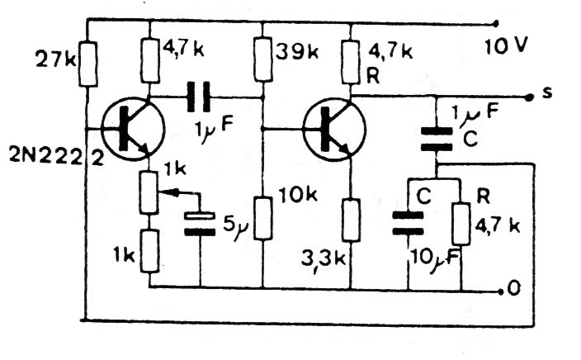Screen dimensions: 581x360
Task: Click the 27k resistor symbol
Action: tap(88, 64)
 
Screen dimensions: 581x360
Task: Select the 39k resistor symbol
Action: tap(263, 60)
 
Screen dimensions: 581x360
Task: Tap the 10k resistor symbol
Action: tap(263, 218)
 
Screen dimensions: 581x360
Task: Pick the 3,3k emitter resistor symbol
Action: tap(351, 220)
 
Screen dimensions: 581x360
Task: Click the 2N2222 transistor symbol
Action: tap(134, 129)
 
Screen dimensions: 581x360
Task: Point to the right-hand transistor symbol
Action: tap(334, 129)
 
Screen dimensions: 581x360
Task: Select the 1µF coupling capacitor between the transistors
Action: tap(198, 97)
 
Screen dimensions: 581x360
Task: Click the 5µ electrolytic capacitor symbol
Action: tap(200, 224)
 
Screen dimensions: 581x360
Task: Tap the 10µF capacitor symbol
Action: tap(408, 223)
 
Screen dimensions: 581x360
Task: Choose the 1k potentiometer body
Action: tap(149, 192)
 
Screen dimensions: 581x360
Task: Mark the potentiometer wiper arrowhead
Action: tap(167, 192)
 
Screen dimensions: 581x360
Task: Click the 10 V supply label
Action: tap(505, 46)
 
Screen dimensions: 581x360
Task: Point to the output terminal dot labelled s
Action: tap(528, 97)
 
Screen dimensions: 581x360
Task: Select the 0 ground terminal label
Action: tap(514, 289)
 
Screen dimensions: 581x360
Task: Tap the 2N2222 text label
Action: tap(56, 158)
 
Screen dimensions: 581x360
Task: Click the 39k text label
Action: tap(297, 53)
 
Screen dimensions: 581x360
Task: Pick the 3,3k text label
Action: tap(324, 259)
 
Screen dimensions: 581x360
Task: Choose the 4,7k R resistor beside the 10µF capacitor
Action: tap(461, 224)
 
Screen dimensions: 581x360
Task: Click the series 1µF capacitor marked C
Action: tap(437, 139)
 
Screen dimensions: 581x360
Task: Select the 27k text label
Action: tap(55, 59)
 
